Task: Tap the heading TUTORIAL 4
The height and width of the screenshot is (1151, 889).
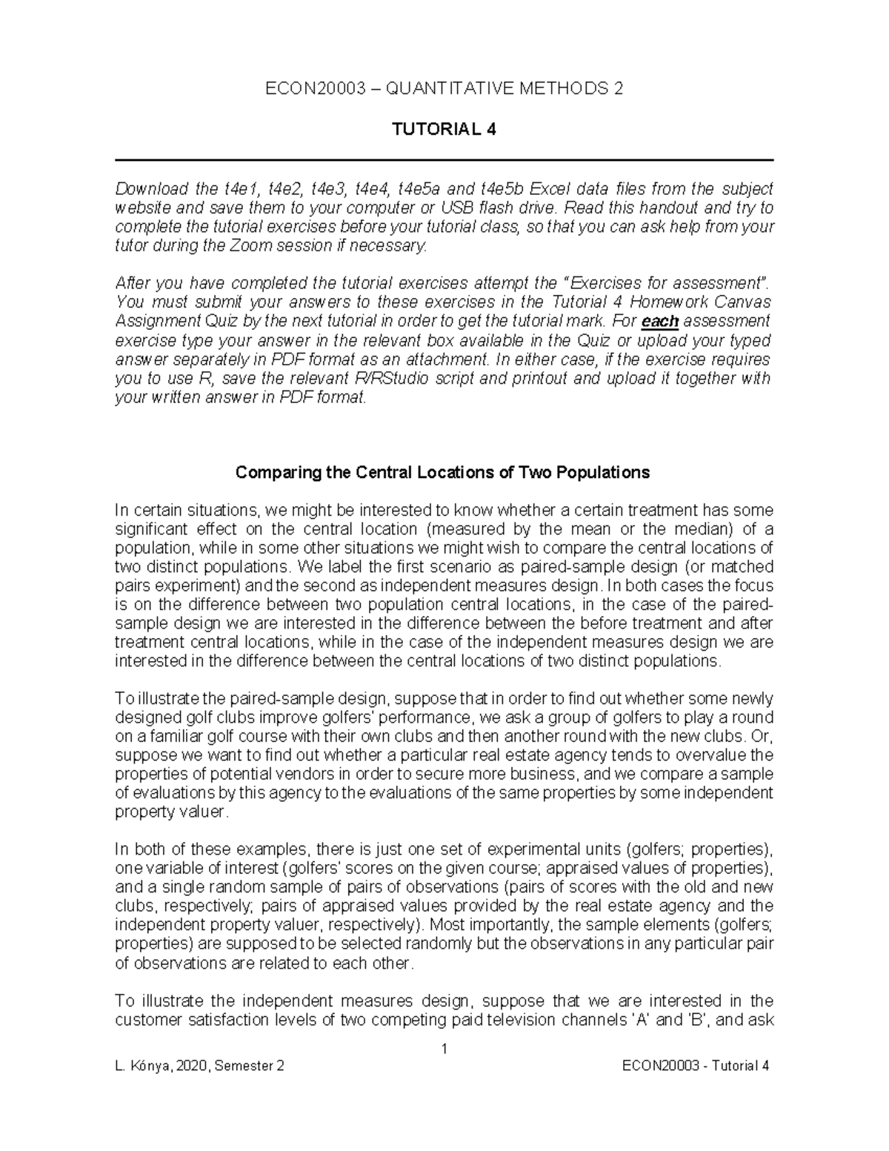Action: click(444, 130)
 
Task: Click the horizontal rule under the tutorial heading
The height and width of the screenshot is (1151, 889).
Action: click(444, 160)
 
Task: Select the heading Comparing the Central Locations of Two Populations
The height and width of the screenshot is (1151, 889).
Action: click(442, 472)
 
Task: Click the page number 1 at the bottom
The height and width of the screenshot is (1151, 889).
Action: click(444, 1049)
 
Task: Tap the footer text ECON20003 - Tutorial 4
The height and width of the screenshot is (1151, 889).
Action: click(697, 1066)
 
